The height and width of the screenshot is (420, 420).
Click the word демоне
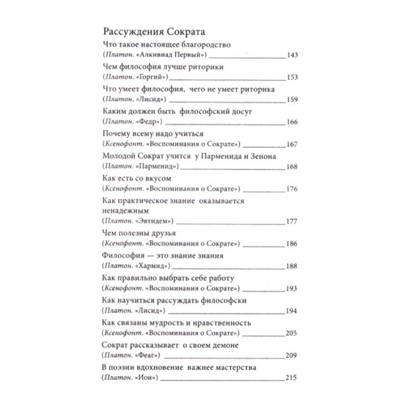point(226,345)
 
